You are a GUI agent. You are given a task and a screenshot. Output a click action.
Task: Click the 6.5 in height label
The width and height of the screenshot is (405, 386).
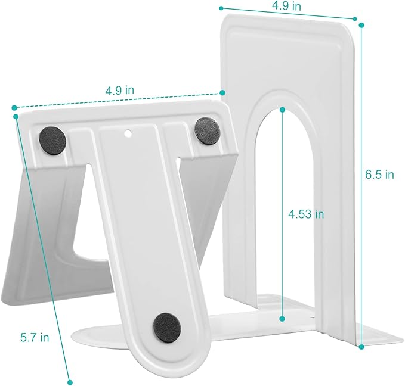tap(379, 175)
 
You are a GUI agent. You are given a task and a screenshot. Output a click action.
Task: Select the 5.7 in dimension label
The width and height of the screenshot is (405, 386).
tap(33, 337)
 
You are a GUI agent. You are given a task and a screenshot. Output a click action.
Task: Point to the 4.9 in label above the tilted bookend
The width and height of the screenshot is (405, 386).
tap(119, 91)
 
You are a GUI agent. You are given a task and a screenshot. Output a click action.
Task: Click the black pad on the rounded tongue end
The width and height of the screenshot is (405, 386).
tap(167, 325)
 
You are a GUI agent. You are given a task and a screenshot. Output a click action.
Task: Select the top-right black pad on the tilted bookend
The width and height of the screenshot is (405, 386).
tap(207, 129)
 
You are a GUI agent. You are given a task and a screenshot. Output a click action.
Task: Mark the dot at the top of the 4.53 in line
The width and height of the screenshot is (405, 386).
tap(282, 110)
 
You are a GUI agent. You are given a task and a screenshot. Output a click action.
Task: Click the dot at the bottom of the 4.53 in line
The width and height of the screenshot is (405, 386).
tap(282, 318)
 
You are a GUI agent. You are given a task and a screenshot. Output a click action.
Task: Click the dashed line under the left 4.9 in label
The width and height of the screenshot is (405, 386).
tap(119, 100)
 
